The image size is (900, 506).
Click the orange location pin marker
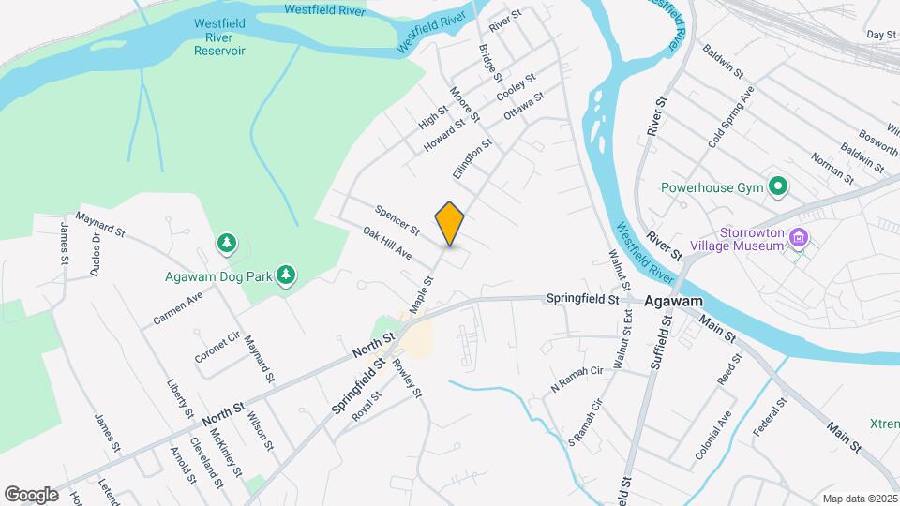450,224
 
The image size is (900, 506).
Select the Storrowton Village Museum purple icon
799,238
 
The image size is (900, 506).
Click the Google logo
31,494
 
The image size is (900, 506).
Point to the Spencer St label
396,220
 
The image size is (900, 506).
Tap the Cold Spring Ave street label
731,117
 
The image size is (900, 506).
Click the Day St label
881,35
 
